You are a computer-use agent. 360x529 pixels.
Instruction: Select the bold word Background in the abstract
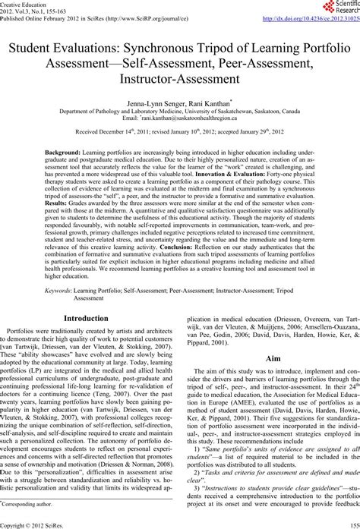click(x=63, y=153)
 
